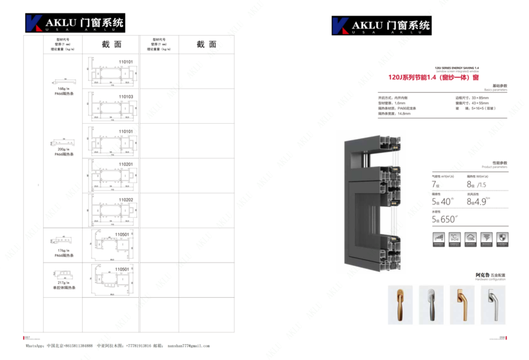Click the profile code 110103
point(126,97)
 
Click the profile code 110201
point(126,164)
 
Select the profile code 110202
point(126,199)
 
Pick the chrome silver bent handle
point(493,304)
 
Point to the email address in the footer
point(188,346)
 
